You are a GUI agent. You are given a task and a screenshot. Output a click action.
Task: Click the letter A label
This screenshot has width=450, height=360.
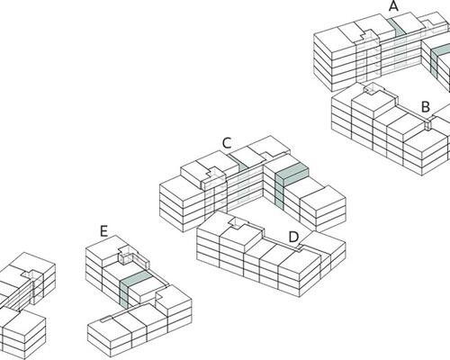pos(393,6)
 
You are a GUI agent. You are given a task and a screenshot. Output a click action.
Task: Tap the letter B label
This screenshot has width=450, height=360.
pos(426,107)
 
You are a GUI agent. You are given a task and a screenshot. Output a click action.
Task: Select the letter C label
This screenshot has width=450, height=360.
pos(227,143)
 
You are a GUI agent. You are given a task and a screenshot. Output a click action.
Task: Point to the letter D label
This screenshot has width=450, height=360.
pos(293,237)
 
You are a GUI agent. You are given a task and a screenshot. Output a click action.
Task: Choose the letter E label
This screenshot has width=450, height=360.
pos(103,231)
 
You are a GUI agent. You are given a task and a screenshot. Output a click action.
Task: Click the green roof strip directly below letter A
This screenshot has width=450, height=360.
pos(397,26)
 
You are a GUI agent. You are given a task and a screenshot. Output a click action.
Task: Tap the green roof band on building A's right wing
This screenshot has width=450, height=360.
pos(441,49)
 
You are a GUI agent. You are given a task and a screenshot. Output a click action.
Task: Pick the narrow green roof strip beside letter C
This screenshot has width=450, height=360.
pos(239,161)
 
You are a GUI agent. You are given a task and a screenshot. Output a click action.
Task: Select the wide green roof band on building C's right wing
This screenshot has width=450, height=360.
pos(292,171)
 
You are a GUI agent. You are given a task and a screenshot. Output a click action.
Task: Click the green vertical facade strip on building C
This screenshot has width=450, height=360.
pos(279,192)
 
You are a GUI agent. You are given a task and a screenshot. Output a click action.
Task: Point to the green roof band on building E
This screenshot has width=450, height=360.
pos(136,278)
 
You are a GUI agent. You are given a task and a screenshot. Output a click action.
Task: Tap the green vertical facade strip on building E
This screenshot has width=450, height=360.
pos(124,295)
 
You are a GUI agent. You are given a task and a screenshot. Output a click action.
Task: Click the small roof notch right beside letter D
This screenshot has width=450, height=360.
pos(300,247)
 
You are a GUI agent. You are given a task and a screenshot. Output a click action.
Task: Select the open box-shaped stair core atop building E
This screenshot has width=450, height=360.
pos(126,257)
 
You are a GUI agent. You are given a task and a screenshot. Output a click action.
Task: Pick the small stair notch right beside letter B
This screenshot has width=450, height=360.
pos(428,123)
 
